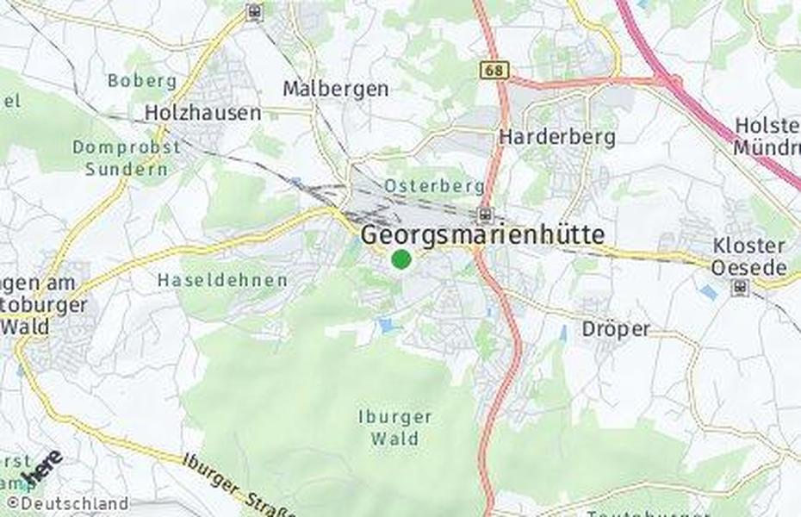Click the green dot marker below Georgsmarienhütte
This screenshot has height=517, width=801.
coord(400,258)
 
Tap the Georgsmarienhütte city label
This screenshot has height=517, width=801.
coord(482,234)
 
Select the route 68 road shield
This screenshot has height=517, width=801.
coord(495,69)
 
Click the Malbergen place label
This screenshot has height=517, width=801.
coord(336,89)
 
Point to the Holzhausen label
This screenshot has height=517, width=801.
coord(203,113)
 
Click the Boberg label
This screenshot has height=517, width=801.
coord(142,81)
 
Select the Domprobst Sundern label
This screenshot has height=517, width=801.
coord(127,158)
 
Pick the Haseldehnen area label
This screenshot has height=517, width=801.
coord(222,280)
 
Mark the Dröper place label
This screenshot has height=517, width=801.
coord(616,329)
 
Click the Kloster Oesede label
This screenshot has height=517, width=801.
coord(748,257)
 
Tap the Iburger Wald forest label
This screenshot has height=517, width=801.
coord(395,427)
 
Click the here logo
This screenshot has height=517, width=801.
coord(41,468)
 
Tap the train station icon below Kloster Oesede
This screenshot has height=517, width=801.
coord(739,287)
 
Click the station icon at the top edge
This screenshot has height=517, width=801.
coord(254,11)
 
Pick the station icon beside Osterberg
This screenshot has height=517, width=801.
coord(486,215)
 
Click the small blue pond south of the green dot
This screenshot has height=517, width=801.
coord(385,325)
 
